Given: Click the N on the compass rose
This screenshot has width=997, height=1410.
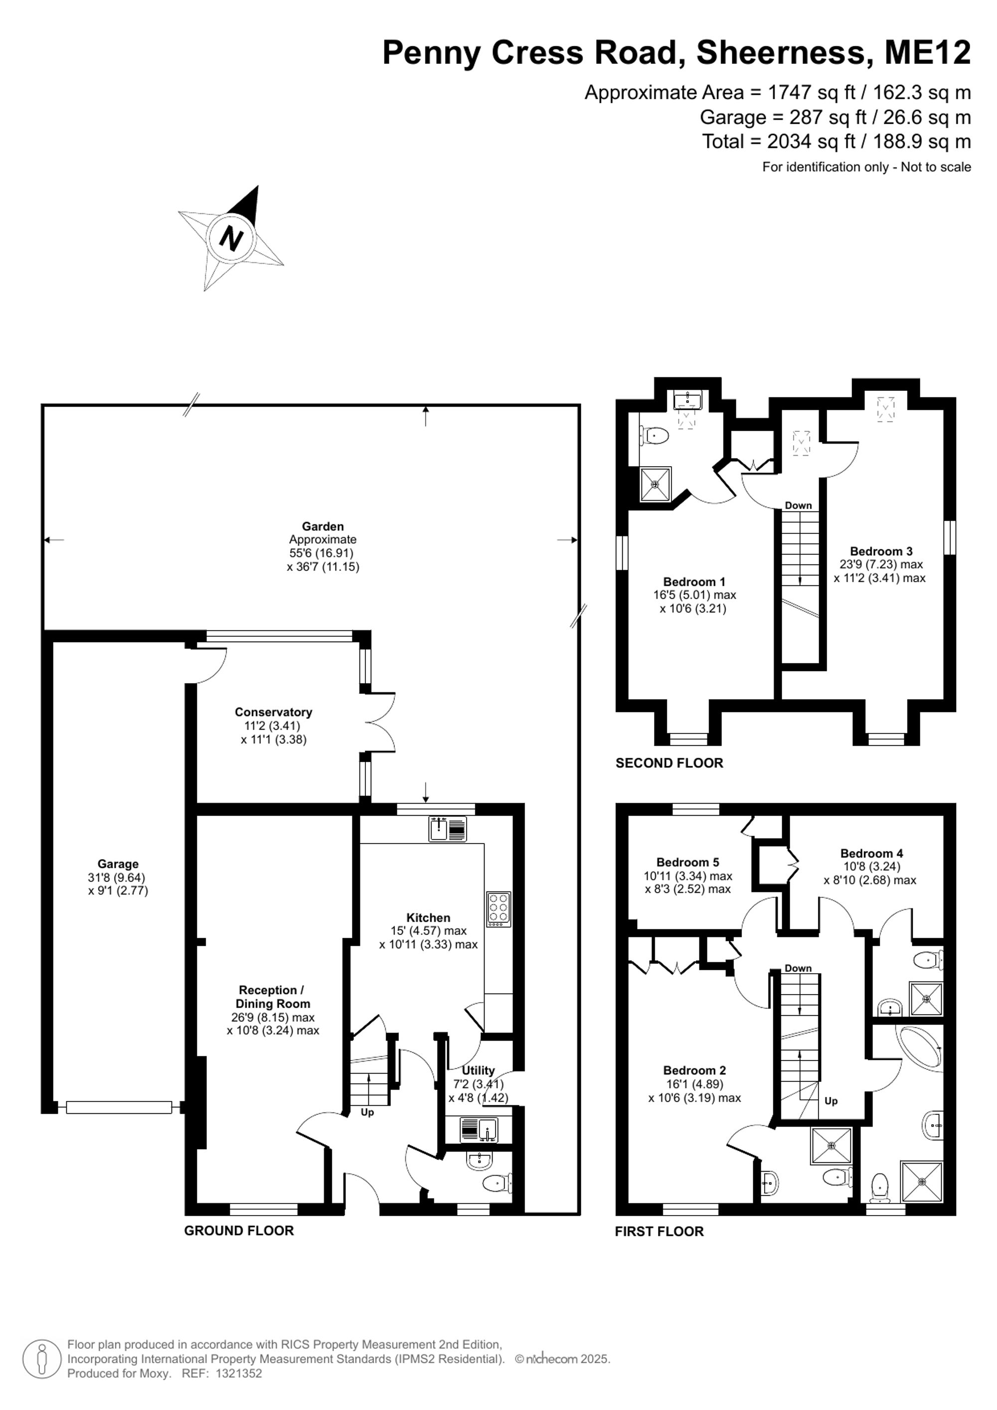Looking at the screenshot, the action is point(231,238).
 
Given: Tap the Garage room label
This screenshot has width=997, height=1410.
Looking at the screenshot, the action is point(118,864).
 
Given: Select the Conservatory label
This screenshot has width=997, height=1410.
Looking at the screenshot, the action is point(273,712).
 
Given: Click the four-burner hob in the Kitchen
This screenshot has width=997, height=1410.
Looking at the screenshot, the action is point(498,909).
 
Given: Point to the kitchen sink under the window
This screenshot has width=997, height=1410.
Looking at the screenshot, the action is point(447,829).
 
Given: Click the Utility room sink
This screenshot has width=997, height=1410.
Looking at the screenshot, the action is point(480,1127).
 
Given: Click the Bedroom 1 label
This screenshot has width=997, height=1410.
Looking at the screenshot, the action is point(694,581).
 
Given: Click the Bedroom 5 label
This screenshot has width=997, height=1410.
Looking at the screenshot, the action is point(687,862).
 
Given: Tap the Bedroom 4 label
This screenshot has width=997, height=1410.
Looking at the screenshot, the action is point(871,853).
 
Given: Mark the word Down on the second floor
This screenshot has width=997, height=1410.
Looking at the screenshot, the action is point(798,506).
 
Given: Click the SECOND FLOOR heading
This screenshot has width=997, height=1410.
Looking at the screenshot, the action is point(669,763).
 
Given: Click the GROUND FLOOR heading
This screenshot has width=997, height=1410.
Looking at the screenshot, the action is point(239,1231).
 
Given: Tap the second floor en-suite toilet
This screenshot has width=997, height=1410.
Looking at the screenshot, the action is point(653,436).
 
